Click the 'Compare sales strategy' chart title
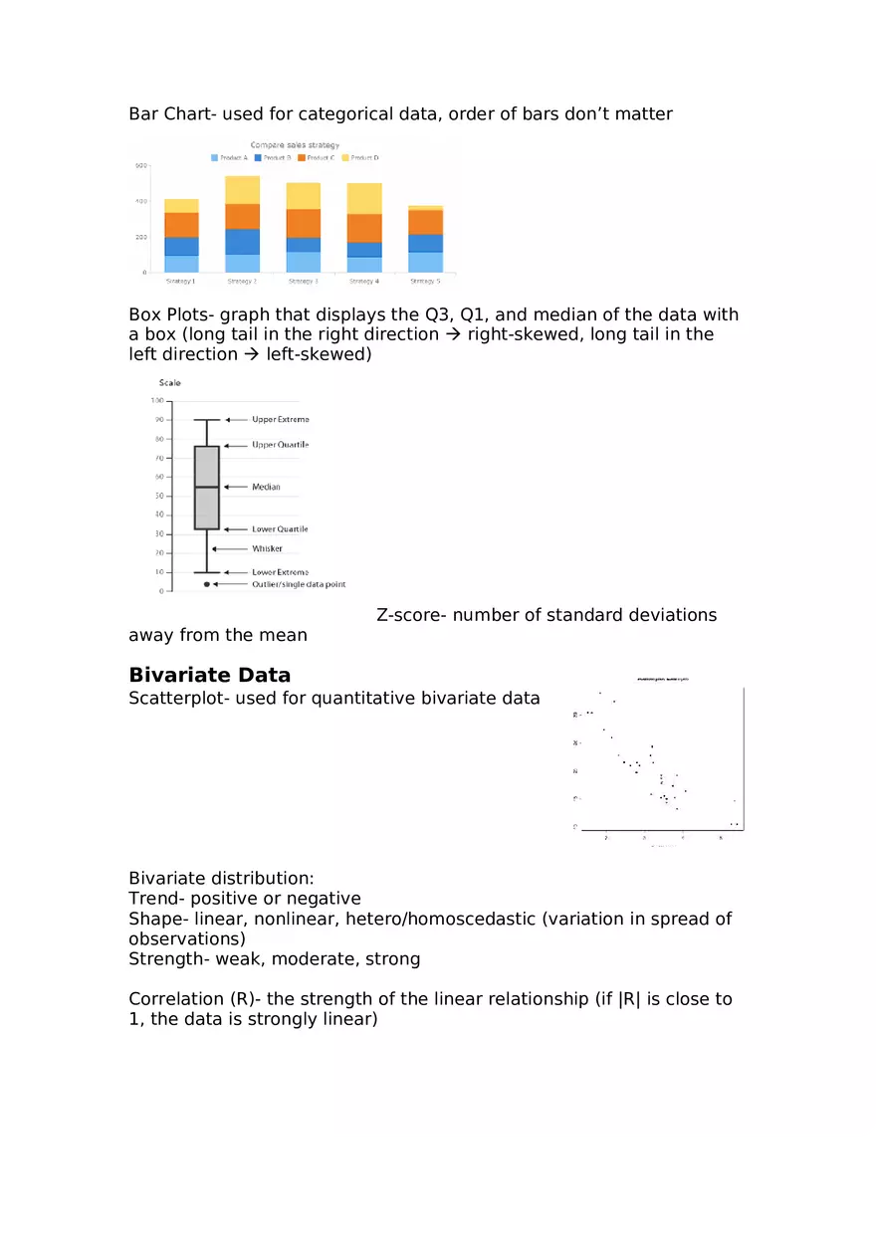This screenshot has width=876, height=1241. tap(295, 145)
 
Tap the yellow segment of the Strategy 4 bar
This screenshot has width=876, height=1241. tap(364, 198)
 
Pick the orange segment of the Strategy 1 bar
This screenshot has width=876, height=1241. tap(181, 225)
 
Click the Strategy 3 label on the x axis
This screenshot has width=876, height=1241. tap(303, 282)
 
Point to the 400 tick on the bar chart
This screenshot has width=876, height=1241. tap(141, 201)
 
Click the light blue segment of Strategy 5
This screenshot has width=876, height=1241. tap(425, 262)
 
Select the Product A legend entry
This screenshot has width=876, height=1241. tap(229, 158)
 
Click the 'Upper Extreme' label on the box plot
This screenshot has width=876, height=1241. tap(280, 420)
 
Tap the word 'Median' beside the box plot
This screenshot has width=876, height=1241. tap(266, 487)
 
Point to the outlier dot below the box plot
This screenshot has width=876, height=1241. tap(207, 584)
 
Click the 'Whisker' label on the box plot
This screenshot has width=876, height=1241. tap(267, 548)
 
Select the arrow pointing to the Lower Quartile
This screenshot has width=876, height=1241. tap(235, 529)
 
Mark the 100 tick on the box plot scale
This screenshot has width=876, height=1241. tap(156, 401)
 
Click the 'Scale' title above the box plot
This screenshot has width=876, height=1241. tap(170, 383)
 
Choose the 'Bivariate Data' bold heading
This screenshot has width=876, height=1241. tap(209, 676)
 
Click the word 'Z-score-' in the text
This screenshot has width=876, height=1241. tap(411, 615)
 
